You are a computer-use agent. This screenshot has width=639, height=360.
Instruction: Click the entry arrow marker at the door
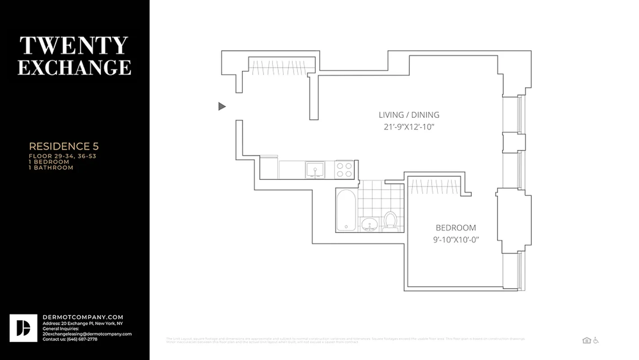pos(222,106)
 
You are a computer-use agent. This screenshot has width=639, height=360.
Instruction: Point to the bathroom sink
pos(370,224)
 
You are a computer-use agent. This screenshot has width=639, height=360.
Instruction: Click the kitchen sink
pos(315,170)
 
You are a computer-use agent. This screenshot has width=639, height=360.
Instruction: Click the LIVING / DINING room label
pos(409,115)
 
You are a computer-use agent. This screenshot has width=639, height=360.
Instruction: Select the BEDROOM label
pos(456,228)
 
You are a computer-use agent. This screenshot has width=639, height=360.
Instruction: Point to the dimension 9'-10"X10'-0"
pos(456,240)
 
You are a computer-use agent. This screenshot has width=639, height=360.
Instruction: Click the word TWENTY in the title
pos(74,45)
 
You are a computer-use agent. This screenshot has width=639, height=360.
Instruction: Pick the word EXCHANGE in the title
pos(74,67)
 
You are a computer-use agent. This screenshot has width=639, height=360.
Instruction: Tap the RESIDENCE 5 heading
pos(64,146)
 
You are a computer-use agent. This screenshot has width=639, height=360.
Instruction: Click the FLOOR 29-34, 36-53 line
pos(63,156)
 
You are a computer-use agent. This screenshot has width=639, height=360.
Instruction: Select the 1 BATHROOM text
pos(51,167)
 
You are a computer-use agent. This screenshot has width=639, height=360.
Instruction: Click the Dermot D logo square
pos(23,328)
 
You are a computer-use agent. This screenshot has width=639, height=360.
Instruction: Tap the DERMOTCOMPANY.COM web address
pos(83,317)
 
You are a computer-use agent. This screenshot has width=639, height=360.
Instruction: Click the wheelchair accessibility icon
pos(596,340)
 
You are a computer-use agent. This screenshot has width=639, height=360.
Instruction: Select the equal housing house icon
pos(586,340)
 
